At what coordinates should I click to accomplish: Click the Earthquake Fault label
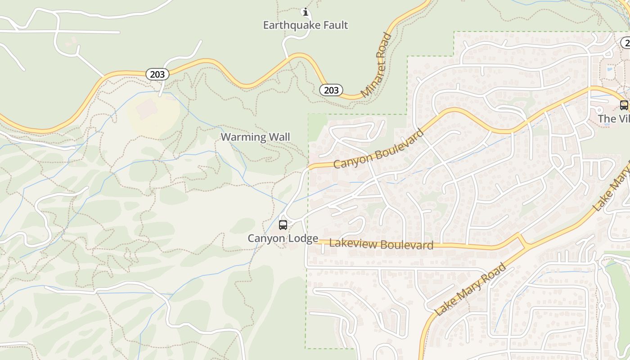click(306, 25)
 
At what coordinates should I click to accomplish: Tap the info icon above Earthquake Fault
click(306, 11)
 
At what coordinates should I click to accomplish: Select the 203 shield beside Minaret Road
click(331, 90)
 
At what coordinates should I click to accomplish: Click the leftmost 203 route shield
click(157, 74)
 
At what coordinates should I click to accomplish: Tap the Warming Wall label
click(255, 137)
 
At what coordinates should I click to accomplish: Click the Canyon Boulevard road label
click(378, 149)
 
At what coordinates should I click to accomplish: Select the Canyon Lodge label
click(283, 238)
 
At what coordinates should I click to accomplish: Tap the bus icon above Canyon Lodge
click(283, 225)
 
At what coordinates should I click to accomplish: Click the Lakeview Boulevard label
click(381, 244)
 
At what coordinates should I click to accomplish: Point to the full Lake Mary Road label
click(471, 289)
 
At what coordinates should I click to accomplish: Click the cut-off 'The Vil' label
click(613, 119)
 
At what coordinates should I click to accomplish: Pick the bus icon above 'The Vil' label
click(624, 105)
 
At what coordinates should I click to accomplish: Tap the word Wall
click(279, 137)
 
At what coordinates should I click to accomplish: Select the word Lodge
click(305, 238)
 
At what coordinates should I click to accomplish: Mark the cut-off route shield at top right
click(625, 43)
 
